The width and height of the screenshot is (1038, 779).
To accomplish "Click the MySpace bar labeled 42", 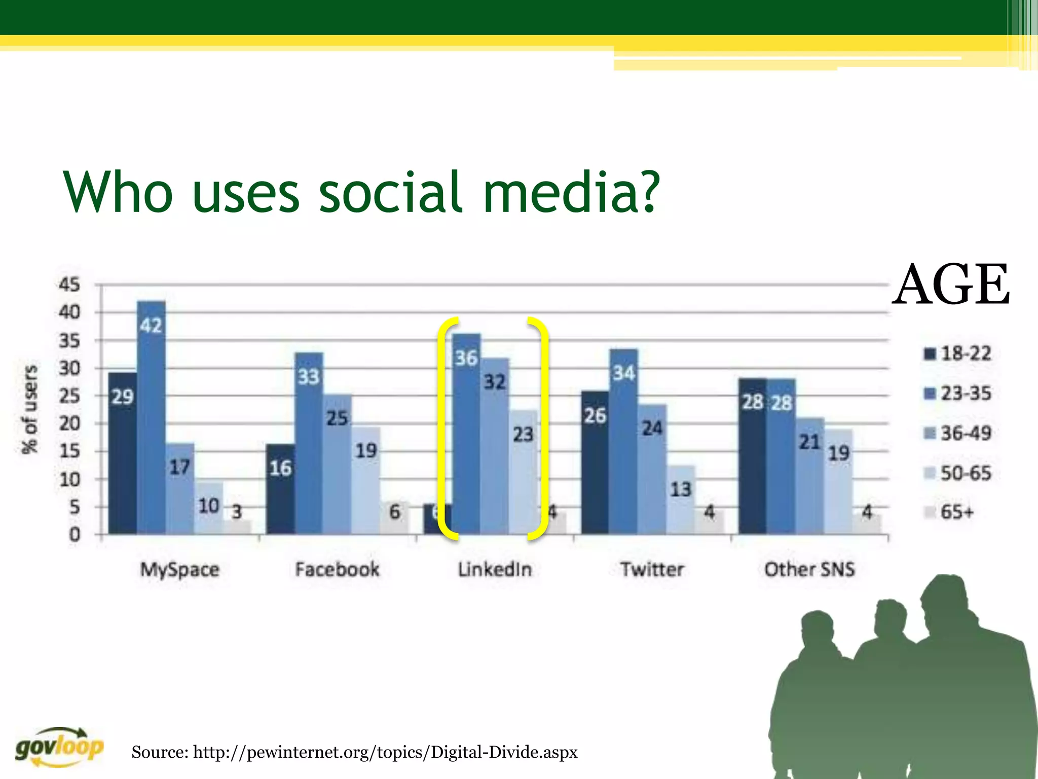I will tap(151, 416).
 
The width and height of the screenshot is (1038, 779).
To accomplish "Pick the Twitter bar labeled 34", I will tap(623, 441).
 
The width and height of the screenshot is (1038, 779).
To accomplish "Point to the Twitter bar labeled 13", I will tap(681, 500).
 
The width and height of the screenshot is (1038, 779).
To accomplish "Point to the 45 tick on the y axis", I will tap(69, 285).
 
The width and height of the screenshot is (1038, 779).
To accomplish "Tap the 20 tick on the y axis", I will tap(69, 423).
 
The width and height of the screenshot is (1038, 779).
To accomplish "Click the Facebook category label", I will tap(337, 569).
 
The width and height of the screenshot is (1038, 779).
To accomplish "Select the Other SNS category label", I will tap(809, 569).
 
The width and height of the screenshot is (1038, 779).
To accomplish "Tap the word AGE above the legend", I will tap(951, 285).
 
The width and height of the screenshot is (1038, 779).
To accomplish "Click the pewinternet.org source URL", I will tap(385, 752).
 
